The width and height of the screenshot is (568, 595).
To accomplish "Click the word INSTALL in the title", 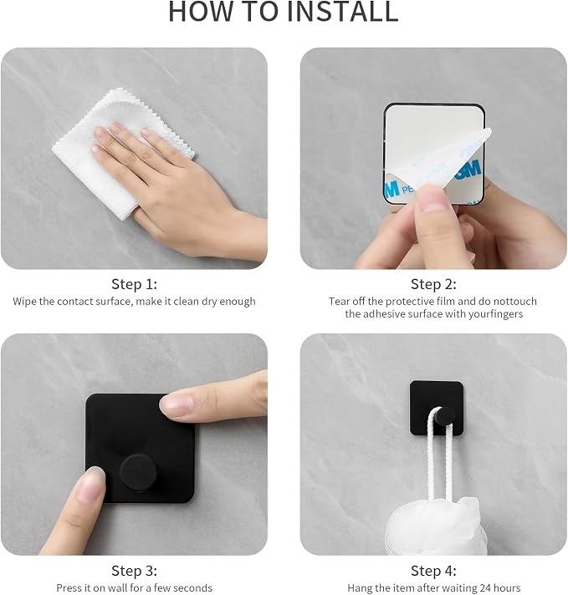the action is (343, 12).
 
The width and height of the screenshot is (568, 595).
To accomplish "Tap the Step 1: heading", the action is (134, 284).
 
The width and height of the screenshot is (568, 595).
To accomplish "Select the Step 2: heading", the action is (433, 284).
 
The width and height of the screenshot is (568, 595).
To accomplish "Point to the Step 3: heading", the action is (134, 571).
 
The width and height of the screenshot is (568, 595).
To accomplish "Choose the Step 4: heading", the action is (433, 571).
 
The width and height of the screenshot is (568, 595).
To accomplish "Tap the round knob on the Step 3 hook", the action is (138, 471).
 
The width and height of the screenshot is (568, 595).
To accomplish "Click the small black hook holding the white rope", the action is (437, 408).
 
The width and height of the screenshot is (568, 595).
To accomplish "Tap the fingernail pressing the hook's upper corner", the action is (176, 405).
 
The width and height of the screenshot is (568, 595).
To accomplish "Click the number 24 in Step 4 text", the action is (485, 587).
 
